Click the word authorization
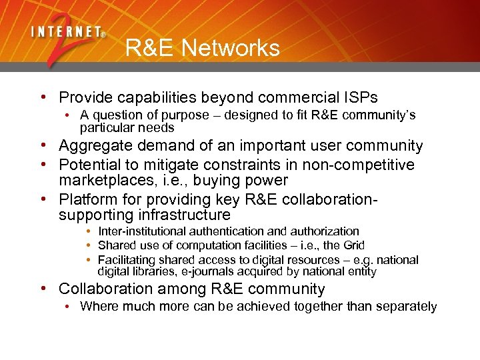click(x=324, y=231)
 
